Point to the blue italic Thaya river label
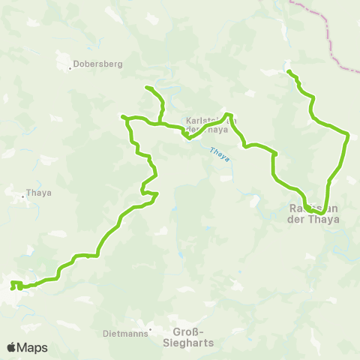(x=218, y=153)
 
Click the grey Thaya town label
(x=39, y=192)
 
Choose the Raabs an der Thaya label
(x=314, y=214)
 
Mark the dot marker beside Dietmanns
(x=150, y=328)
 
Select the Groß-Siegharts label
(x=187, y=337)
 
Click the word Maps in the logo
(x=33, y=347)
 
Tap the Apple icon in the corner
(x=11, y=346)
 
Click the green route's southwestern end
(x=12, y=286)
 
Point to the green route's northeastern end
(x=288, y=72)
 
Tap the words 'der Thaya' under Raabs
(x=314, y=220)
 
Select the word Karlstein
(x=201, y=120)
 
